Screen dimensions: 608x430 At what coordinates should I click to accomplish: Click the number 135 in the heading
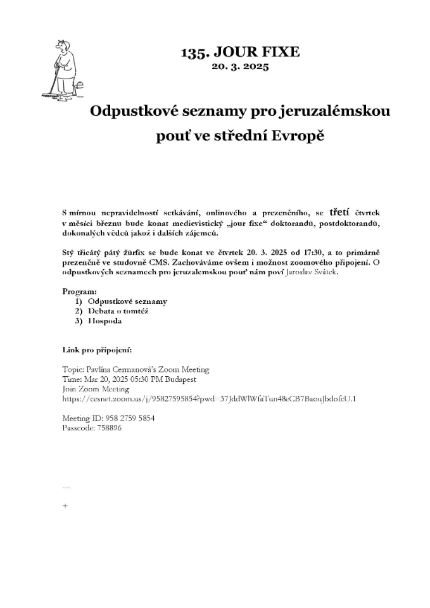coord(193,53)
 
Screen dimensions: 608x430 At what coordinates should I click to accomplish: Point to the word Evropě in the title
coord(298,136)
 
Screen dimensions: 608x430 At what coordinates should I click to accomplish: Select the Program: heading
coord(79,291)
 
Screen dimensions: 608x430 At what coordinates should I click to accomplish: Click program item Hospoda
coord(104,320)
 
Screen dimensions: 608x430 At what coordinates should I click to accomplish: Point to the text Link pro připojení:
coord(97,350)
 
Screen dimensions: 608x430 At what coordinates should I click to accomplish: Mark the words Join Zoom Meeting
coord(96,389)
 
